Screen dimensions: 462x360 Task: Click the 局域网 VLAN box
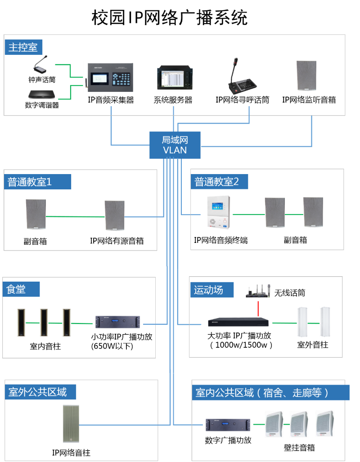(175, 145)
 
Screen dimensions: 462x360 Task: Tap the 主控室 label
(23, 47)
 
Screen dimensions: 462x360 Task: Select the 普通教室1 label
(37, 182)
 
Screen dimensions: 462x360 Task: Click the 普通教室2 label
(220, 182)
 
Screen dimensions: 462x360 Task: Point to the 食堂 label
(21, 289)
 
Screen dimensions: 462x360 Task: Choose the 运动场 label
(211, 290)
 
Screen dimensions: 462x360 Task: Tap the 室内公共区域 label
(270, 393)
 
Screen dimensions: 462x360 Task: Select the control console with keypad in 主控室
(109, 77)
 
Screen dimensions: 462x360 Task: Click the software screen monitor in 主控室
(175, 78)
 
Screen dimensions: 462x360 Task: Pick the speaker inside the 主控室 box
(306, 76)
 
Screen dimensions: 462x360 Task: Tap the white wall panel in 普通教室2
(218, 212)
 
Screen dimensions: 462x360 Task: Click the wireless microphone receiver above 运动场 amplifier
(258, 292)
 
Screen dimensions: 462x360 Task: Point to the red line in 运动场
(258, 309)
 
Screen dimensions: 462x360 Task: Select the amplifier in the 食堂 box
(117, 322)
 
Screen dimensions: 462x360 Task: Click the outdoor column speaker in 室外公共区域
(71, 424)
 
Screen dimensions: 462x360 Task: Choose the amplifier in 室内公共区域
(228, 424)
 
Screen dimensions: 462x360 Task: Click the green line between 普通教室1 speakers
(75, 217)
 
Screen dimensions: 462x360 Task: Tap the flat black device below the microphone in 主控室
(42, 94)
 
